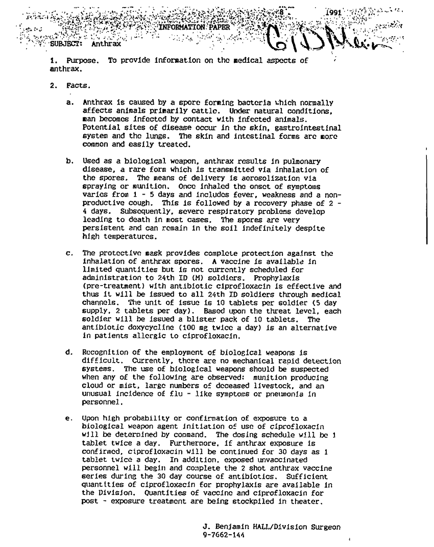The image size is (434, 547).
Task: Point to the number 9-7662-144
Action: point(224,535)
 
